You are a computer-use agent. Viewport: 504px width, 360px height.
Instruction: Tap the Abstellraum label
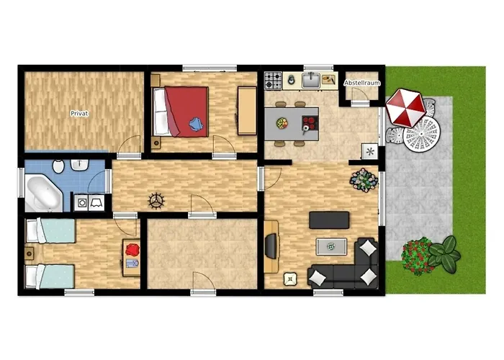pyautogui.click(x=361, y=84)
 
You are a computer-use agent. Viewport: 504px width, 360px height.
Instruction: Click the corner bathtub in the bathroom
pyautogui.click(x=43, y=190)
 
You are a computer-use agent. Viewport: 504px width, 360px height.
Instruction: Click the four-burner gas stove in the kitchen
pyautogui.click(x=273, y=80)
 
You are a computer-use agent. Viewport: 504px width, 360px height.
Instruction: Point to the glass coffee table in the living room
pyautogui.click(x=330, y=246)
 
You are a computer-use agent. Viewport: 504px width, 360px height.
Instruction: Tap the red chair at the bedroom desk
pyautogui.click(x=132, y=250)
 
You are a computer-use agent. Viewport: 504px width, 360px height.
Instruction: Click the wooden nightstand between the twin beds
pyautogui.click(x=29, y=253)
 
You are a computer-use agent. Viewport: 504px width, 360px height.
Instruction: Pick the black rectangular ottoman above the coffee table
pyautogui.click(x=329, y=220)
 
